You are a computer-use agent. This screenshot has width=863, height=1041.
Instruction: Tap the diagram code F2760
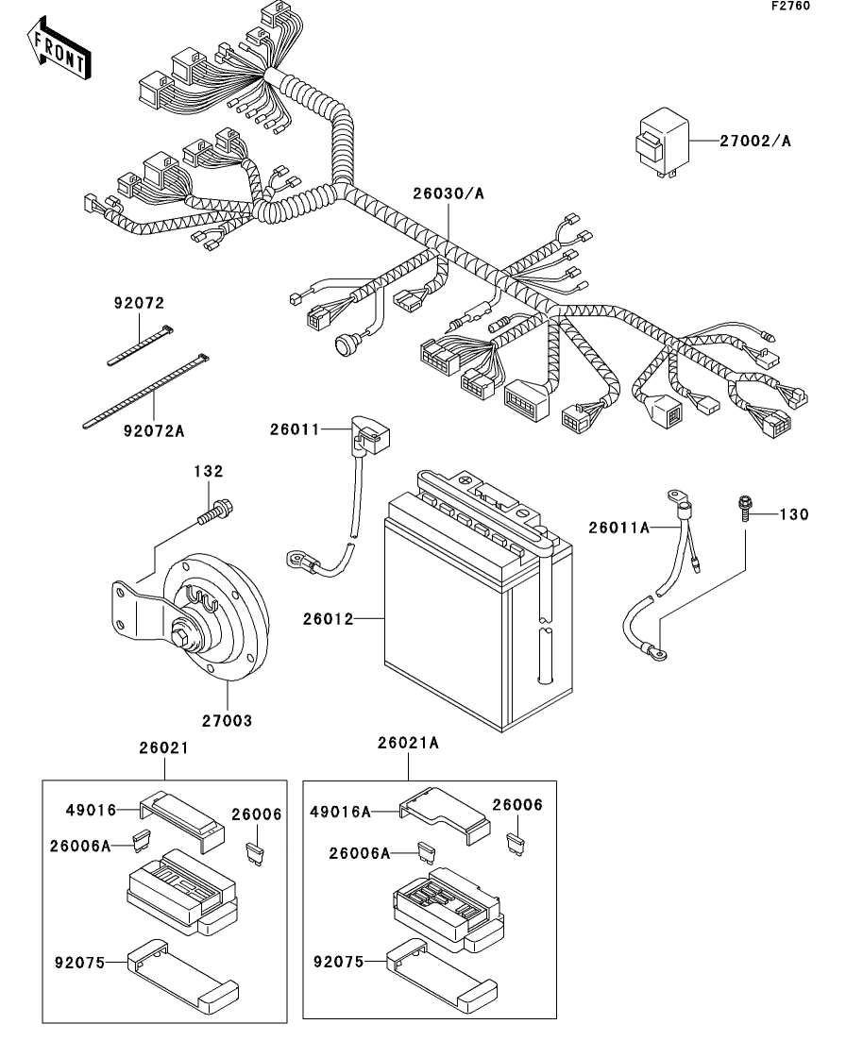coord(789,7)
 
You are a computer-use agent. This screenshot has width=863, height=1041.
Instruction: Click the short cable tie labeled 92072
coord(140,344)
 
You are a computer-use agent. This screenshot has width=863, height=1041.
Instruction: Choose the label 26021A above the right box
coord(409,743)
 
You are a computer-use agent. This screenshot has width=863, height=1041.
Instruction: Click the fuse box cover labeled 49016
coord(181,813)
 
